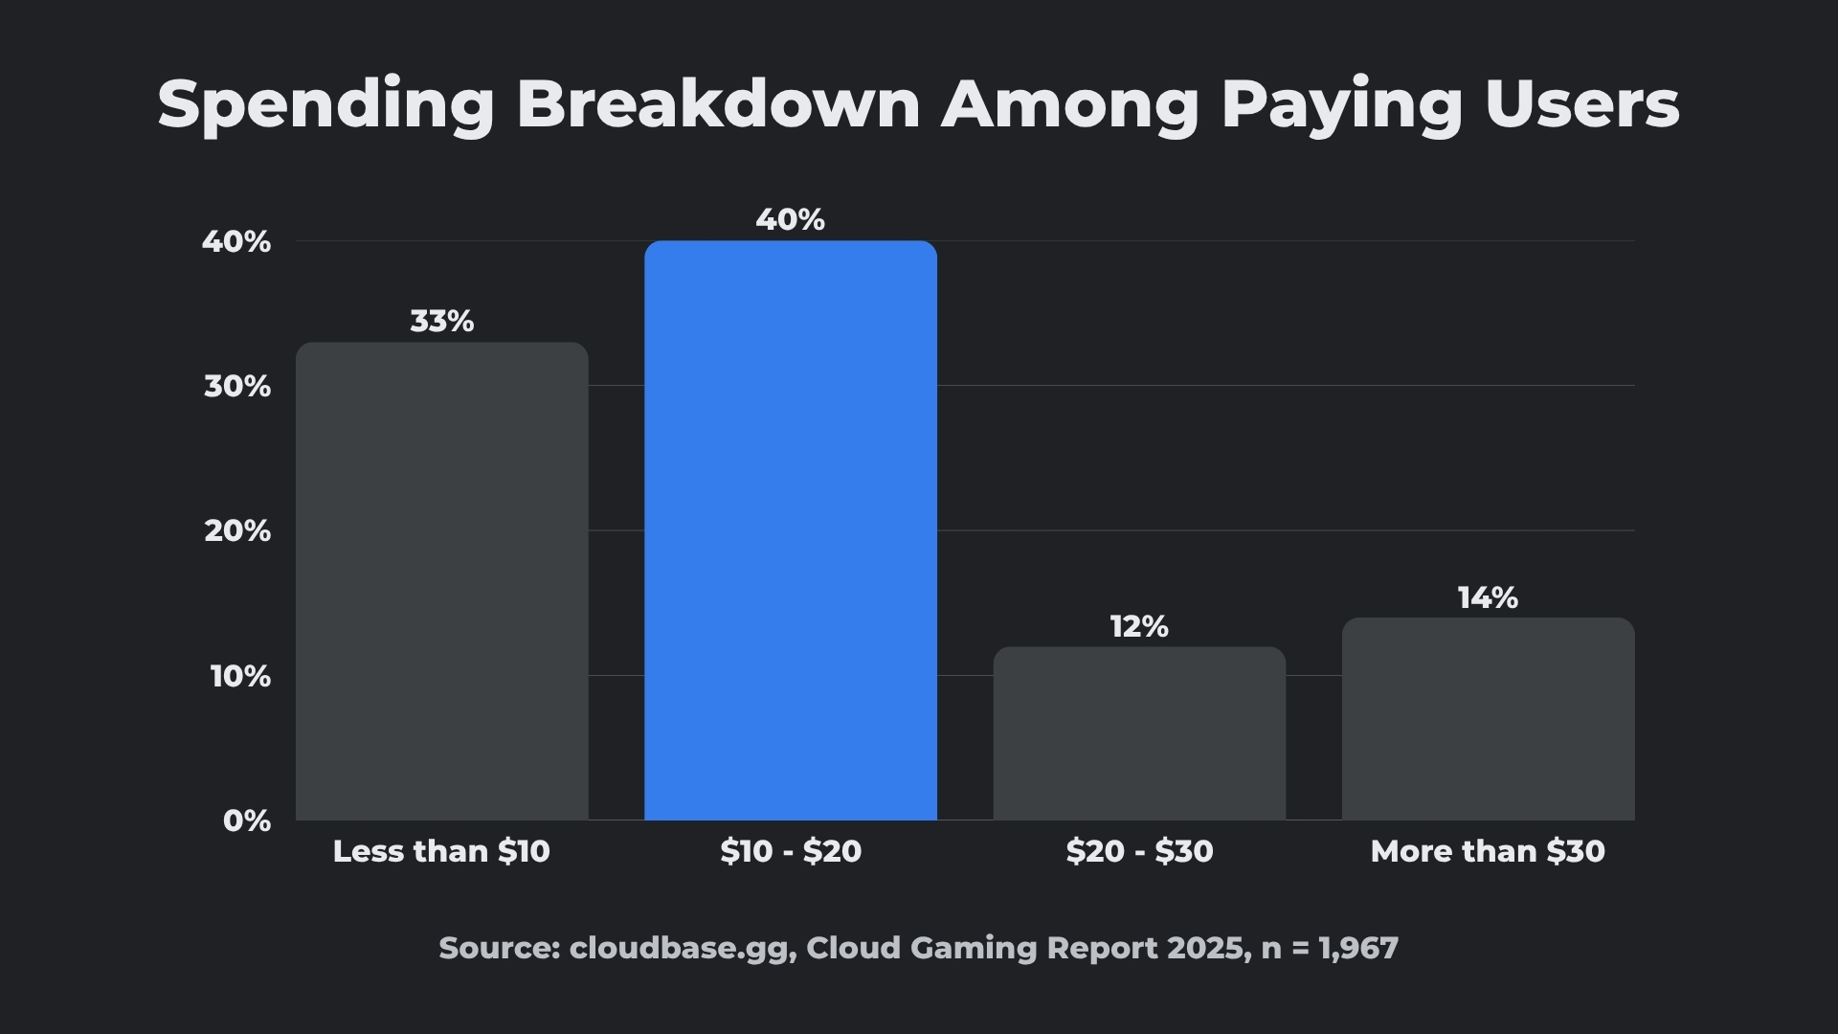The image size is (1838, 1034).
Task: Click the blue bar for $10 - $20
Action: [x=790, y=531]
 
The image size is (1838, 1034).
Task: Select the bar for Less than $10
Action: [x=441, y=581]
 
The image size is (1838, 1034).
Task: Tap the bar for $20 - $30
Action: [x=1138, y=733]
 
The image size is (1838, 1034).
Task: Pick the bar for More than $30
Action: [x=1487, y=719]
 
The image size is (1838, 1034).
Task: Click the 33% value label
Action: [x=441, y=322]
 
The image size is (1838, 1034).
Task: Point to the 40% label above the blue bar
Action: [x=790, y=220]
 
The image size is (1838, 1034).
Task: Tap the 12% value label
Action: [x=1138, y=627]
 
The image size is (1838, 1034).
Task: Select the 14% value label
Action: [x=1487, y=598]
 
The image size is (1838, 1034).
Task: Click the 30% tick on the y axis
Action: [x=236, y=387]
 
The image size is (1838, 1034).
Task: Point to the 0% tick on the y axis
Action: [x=246, y=820]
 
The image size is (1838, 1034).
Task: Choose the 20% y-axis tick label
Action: [x=236, y=531]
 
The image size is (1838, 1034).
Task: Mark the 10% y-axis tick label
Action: [x=239, y=677]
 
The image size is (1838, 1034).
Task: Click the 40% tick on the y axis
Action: [x=235, y=242]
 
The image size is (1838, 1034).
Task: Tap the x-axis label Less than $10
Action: [x=441, y=851]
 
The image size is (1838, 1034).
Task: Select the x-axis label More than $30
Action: [x=1487, y=851]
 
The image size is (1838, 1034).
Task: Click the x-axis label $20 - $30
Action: [x=1138, y=851]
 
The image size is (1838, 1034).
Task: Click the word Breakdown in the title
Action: [x=718, y=102]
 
